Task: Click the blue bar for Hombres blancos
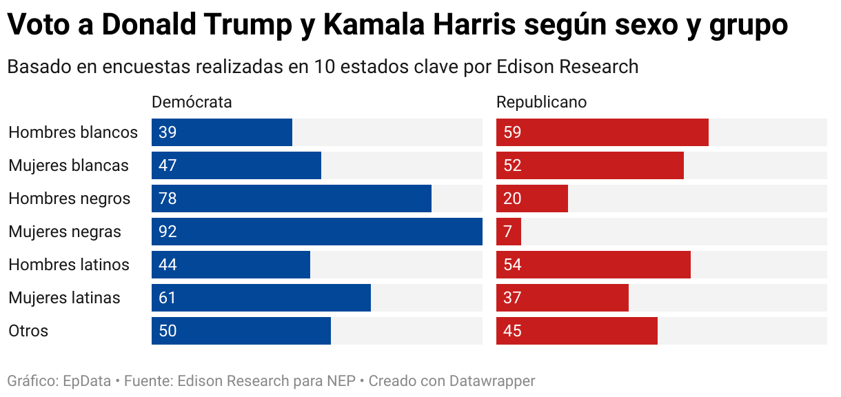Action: (x=222, y=132)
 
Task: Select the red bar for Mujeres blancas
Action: (x=590, y=165)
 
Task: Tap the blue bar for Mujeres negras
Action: (x=317, y=232)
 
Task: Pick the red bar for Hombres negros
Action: (x=532, y=198)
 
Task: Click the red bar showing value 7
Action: (x=509, y=232)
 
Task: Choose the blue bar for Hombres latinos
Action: (x=231, y=265)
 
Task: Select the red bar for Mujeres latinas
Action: (x=563, y=298)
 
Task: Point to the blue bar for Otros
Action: (x=241, y=331)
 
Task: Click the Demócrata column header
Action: (x=192, y=102)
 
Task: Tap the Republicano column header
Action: (x=541, y=102)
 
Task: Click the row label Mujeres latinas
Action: (x=64, y=298)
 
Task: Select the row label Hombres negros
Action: (x=69, y=198)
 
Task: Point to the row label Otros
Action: (x=28, y=331)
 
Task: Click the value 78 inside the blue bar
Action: (x=168, y=198)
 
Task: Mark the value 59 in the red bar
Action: (x=512, y=132)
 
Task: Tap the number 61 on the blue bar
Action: (x=168, y=298)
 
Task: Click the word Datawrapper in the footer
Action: (x=492, y=380)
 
